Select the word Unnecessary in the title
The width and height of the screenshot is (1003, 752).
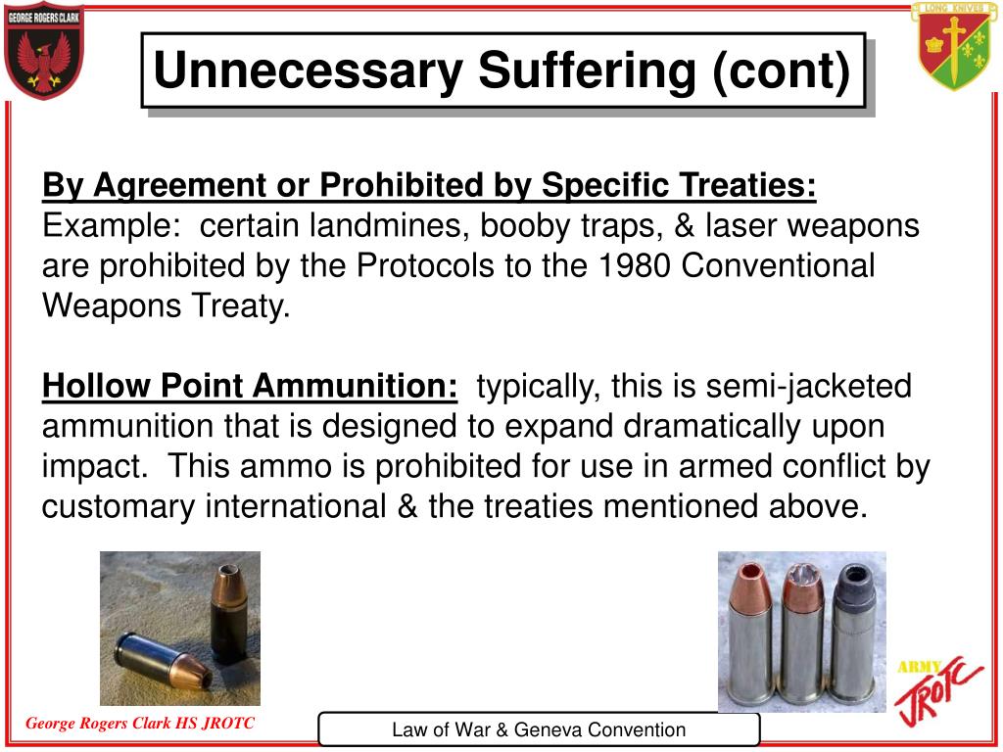pyautogui.click(x=309, y=71)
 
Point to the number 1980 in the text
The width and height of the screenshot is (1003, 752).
pyautogui.click(x=626, y=265)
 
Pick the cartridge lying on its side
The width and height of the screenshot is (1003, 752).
pyautogui.click(x=162, y=658)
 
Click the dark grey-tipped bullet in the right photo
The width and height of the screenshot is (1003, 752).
pyautogui.click(x=850, y=627)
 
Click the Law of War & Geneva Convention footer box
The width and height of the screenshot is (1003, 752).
pyautogui.click(x=539, y=729)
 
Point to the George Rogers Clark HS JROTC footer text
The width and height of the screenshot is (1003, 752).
pyautogui.click(x=139, y=724)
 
